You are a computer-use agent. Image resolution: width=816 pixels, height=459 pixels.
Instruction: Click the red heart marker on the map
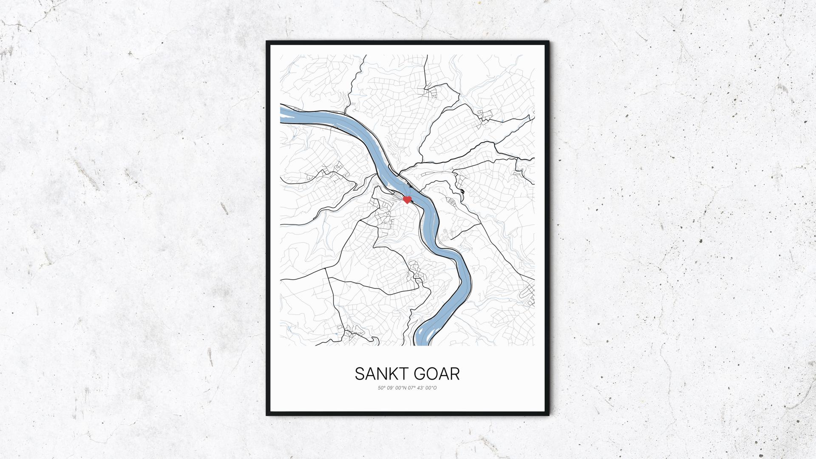coord(407,199)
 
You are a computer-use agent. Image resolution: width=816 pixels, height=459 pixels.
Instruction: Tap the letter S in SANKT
coord(360,374)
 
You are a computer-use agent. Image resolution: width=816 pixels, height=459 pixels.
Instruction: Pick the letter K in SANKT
coord(392,374)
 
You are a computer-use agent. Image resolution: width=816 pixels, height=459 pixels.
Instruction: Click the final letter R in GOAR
coord(454,374)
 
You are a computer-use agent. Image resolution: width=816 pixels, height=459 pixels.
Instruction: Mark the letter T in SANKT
coord(402,374)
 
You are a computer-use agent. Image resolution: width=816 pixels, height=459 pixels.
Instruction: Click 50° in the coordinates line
coord(381,388)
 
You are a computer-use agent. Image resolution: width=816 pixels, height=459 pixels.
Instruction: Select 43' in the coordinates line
coord(419,388)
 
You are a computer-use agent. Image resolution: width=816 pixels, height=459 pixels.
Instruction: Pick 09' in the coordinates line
coord(390,388)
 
